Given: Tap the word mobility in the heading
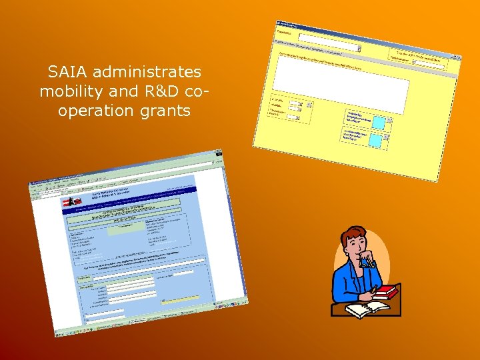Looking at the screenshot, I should [66, 91].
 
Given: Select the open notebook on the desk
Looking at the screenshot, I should [367, 309].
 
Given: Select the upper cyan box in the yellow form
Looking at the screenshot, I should [379, 123].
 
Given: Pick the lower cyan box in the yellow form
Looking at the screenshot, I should [375, 141].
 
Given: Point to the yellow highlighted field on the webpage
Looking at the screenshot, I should [180, 297].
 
